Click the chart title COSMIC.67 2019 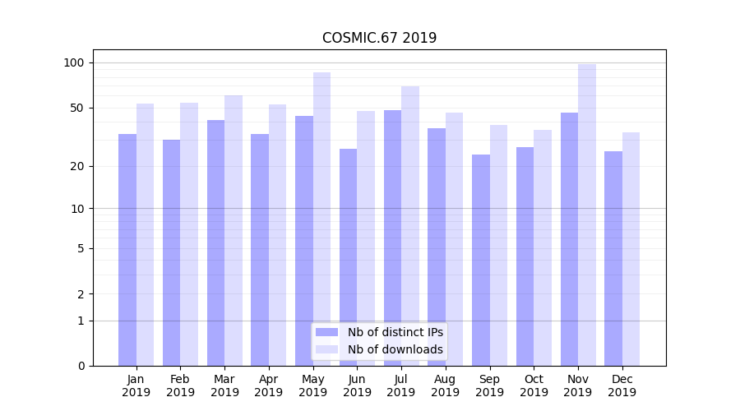click(x=379, y=38)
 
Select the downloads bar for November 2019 click(x=587, y=215)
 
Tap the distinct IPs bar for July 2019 click(x=392, y=238)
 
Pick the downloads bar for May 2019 click(x=321, y=219)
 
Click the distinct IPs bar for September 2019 click(x=481, y=260)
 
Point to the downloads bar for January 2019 click(x=145, y=234)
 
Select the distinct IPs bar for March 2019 click(x=215, y=242)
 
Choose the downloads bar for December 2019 click(x=631, y=249)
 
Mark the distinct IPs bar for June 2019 click(x=348, y=257)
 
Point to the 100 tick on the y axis click(x=74, y=62)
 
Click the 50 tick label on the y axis click(x=77, y=108)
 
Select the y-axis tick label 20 click(x=77, y=166)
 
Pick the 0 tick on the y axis click(x=81, y=366)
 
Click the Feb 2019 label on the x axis click(x=180, y=386)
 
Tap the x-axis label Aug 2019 click(x=445, y=386)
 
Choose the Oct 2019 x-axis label click(x=534, y=386)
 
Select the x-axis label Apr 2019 click(x=268, y=386)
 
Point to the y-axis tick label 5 click(x=81, y=248)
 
